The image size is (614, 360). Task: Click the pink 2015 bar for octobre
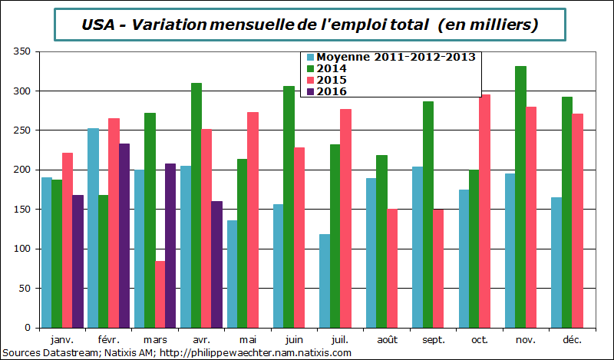485,210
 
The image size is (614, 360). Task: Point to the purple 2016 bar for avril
216,263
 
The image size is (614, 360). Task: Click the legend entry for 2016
331,91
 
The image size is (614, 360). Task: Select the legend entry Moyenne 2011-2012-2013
396,57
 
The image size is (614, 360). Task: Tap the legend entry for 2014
331,68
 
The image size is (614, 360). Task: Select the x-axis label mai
246,339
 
